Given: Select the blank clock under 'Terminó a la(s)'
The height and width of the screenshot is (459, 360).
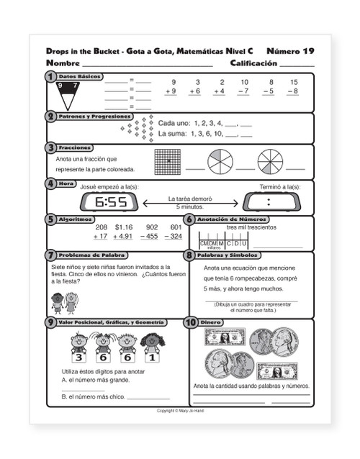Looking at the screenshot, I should click(279, 202).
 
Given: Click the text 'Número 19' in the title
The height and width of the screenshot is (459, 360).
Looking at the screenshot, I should click(290, 52).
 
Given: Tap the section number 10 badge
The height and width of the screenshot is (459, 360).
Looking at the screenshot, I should click(191, 323).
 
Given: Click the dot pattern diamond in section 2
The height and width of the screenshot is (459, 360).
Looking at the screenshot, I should click(136, 130).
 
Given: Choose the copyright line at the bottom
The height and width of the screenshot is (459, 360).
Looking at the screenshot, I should click(180, 411).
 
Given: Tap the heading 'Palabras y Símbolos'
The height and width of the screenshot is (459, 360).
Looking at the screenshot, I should click(230, 255).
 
